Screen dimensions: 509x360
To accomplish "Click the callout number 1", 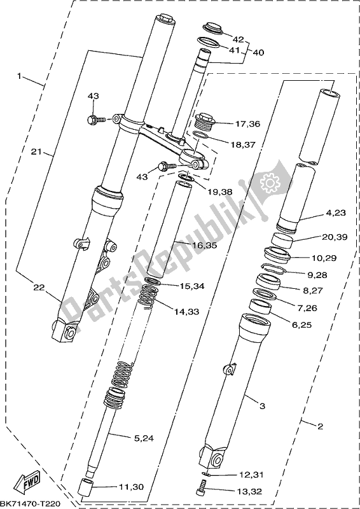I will [x=19, y=76].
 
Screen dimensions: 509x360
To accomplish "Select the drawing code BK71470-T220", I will [x=31, y=503].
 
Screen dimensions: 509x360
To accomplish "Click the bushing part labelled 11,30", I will [x=86, y=490].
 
